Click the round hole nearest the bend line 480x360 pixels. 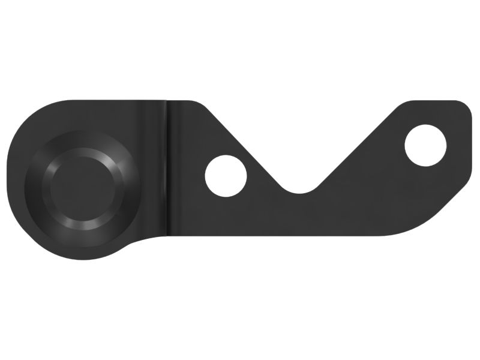[x=226, y=175]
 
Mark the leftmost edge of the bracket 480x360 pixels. [x=8, y=174]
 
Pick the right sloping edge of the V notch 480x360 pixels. [x=360, y=144]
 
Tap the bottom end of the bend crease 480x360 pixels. [x=167, y=234]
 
